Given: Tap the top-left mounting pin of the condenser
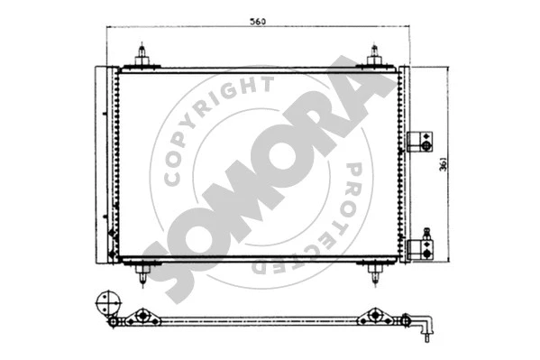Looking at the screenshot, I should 142,56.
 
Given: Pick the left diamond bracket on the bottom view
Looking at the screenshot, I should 140,318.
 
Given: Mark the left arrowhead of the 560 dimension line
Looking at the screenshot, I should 109,28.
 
